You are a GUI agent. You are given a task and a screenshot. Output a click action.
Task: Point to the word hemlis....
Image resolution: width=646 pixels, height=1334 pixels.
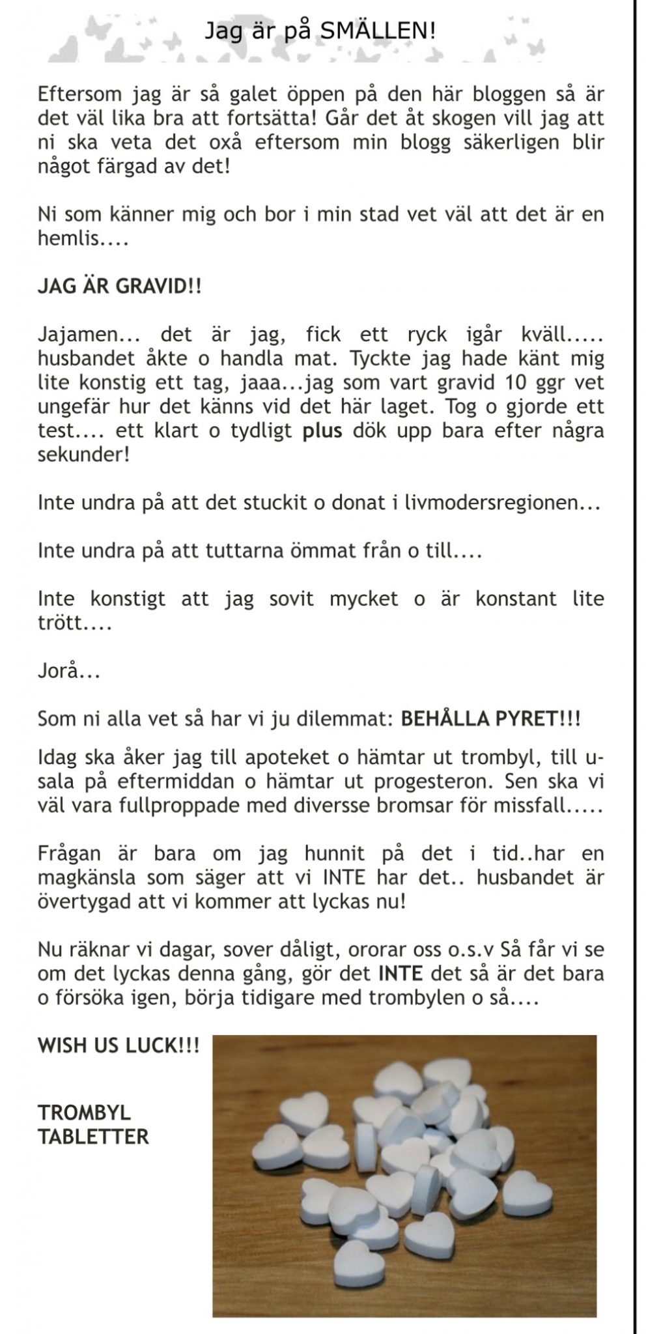pyautogui.click(x=68, y=238)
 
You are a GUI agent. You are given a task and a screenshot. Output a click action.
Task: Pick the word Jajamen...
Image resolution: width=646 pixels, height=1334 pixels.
pyautogui.click(x=77, y=335)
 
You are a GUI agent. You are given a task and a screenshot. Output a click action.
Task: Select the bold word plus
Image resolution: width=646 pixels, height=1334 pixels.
pyautogui.click(x=322, y=431)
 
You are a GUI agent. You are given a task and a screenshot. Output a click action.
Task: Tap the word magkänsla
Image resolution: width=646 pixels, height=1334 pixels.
pyautogui.click(x=87, y=877)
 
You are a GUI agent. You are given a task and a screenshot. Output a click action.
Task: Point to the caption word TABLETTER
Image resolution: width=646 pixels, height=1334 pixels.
pyautogui.click(x=93, y=1137)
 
